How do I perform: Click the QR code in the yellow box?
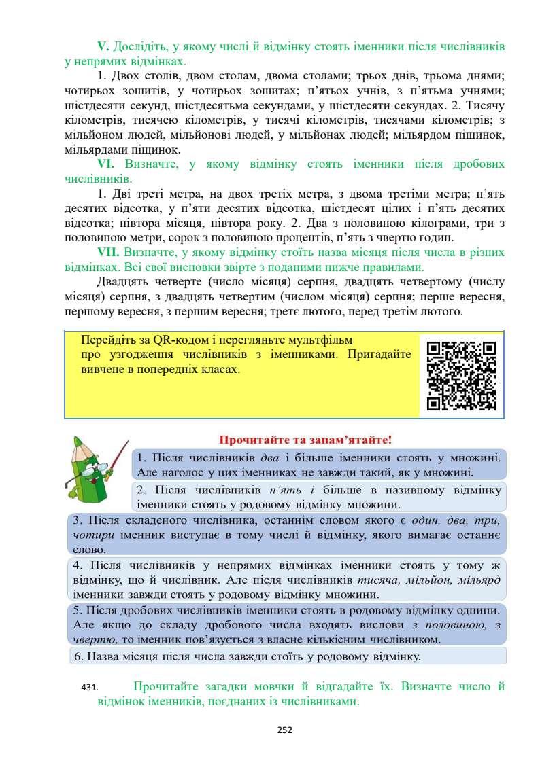[x=460, y=375]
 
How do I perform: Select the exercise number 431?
[x=89, y=688]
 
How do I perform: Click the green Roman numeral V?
[x=103, y=47]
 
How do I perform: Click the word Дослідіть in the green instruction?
[x=141, y=47]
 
